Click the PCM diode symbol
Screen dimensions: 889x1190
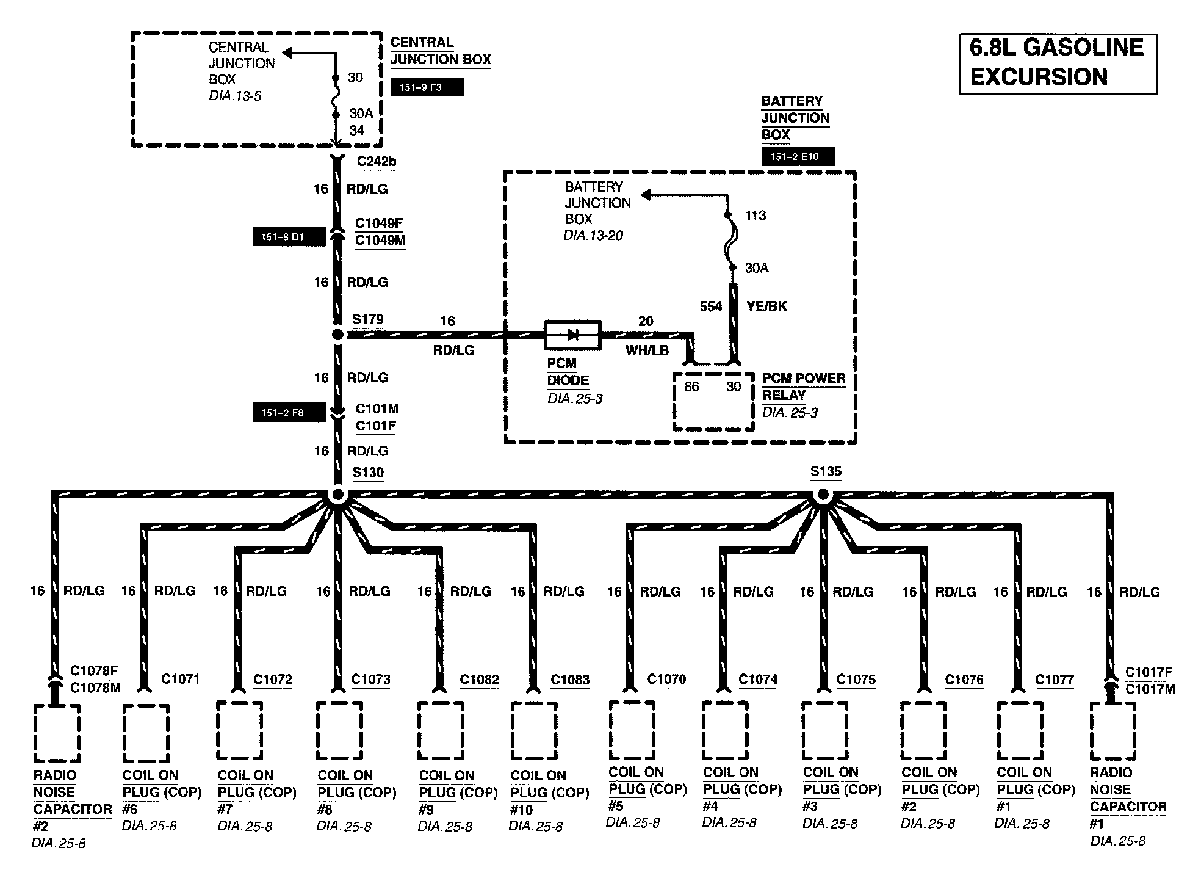pyautogui.click(x=572, y=335)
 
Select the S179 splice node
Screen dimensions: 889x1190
pyautogui.click(x=337, y=335)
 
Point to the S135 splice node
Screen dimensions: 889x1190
pyautogui.click(x=823, y=496)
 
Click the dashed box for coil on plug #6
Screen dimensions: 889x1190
pyautogui.click(x=146, y=733)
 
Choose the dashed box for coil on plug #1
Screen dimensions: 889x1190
pyautogui.click(x=1020, y=730)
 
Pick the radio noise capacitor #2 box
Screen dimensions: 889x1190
pyautogui.click(x=56, y=733)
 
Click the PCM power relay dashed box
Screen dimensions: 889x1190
pyautogui.click(x=713, y=401)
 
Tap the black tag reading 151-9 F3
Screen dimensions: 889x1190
pyautogui.click(x=427, y=87)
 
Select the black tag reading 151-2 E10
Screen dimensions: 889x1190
pyautogui.click(x=798, y=156)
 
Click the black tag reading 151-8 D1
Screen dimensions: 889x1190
pyautogui.click(x=289, y=236)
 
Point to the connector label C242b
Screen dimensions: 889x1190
pyautogui.click(x=377, y=162)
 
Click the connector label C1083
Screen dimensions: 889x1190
pyautogui.click(x=569, y=680)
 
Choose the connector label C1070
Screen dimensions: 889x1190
pyautogui.click(x=666, y=679)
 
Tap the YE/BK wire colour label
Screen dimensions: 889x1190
pyautogui.click(x=766, y=307)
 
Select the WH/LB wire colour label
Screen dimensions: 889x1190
pyautogui.click(x=647, y=350)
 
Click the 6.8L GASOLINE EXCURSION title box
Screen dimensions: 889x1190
pyautogui.click(x=1058, y=63)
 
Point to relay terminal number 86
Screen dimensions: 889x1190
pyautogui.click(x=691, y=386)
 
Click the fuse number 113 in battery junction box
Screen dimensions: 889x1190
pyautogui.click(x=755, y=216)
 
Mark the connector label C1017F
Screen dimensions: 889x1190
pyautogui.click(x=1149, y=672)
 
